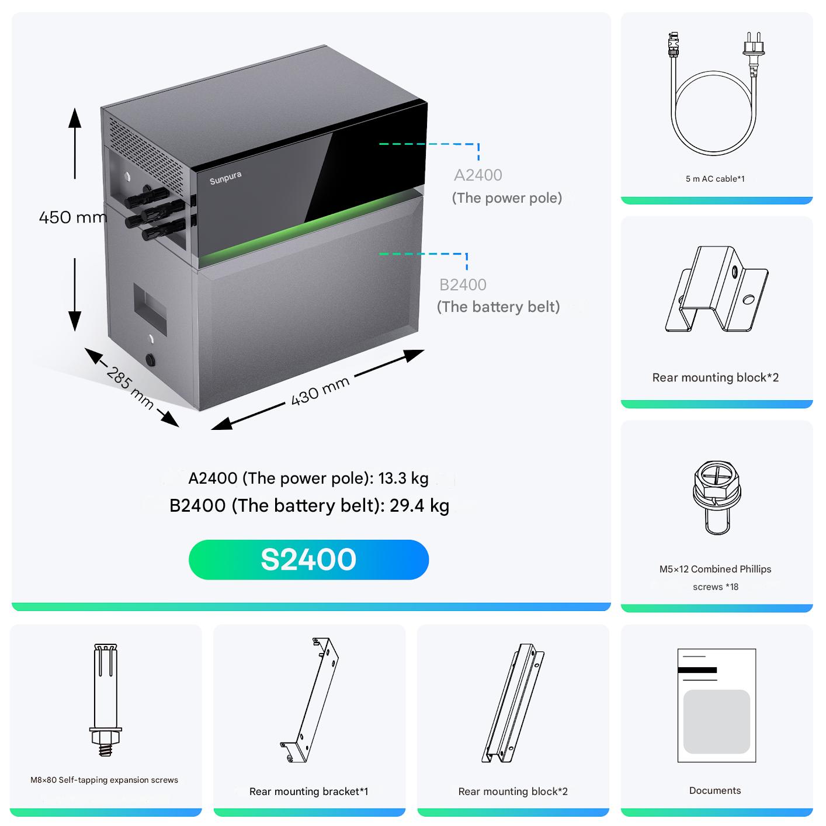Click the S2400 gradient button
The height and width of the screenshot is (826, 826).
coord(308,560)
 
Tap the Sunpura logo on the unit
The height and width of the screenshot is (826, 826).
coord(225,178)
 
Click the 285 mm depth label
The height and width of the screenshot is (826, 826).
coord(130,388)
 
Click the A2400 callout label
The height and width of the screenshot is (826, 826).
coord(478,175)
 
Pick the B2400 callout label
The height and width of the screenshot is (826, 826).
coord(463,284)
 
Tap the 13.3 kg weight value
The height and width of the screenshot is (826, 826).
coord(403,478)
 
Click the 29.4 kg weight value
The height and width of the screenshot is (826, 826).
coord(419,506)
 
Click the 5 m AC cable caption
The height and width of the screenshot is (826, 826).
coord(715,179)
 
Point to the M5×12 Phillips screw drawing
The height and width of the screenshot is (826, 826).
coord(717,497)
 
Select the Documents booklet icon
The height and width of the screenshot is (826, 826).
coord(716,705)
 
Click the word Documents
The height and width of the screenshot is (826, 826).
coord(715,790)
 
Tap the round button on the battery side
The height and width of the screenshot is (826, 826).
coord(150,359)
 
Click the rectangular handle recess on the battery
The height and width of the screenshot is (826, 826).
coord(150,308)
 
